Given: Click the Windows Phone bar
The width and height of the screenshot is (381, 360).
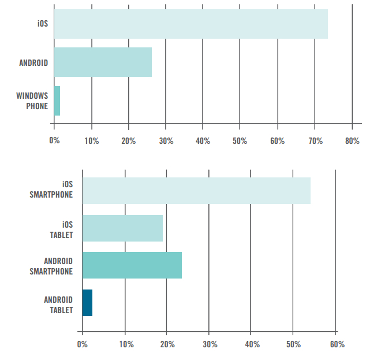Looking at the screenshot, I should coord(57,101).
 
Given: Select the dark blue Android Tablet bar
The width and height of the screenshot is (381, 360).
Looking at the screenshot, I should coord(87,303).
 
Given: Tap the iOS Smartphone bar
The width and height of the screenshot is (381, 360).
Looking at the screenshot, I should coord(196,191).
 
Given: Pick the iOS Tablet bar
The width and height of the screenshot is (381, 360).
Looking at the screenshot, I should coord(122,228).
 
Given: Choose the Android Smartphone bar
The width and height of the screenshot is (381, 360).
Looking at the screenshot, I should coord(132,265).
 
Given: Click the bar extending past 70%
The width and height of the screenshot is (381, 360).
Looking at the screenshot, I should coord(191,24).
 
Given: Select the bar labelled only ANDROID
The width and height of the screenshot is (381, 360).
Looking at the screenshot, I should coord(103,62).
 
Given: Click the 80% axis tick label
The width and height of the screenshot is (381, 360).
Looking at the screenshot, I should coord(352,141).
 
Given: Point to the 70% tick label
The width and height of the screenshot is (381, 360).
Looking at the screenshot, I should coord(315,141).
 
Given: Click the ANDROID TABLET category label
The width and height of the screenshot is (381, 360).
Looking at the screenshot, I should coord(58,305).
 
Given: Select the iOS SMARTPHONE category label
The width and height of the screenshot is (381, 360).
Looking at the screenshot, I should coord(51,190).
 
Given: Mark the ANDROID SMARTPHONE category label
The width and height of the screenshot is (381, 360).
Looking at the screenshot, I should coord(51,266).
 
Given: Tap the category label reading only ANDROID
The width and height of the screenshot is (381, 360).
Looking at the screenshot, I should coord(33,62).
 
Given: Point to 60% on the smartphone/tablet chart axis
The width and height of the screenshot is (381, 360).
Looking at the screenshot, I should coord(337,344).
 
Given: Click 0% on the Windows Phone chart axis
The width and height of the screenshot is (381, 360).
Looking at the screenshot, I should coord(54,141).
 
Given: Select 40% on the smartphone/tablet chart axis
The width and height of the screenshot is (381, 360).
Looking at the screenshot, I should coord(252,344).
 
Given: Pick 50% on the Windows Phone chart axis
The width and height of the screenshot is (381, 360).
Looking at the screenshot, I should coord(240,141).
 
